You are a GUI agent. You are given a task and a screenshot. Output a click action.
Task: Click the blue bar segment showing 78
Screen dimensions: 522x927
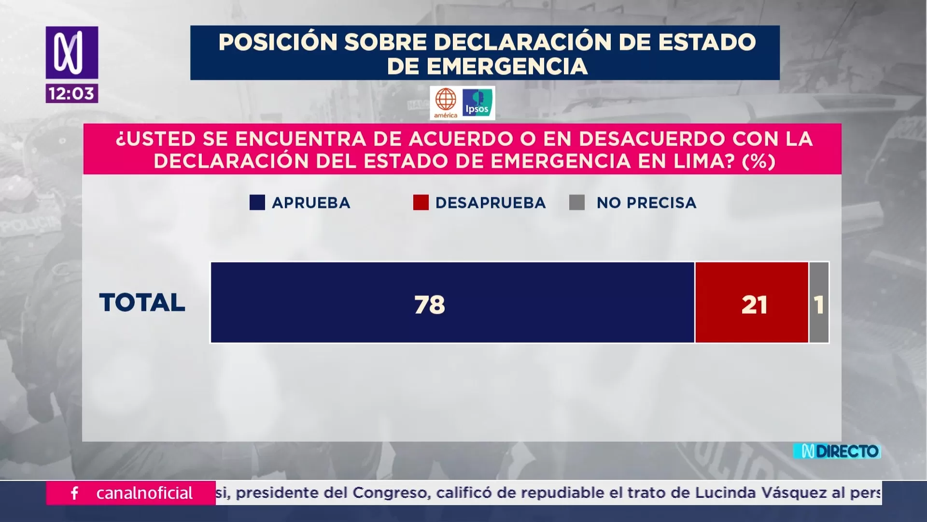(x=452, y=303)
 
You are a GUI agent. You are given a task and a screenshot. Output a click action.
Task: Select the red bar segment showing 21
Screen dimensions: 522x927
(x=752, y=303)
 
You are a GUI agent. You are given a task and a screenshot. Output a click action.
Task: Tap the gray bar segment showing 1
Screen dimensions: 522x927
(x=819, y=303)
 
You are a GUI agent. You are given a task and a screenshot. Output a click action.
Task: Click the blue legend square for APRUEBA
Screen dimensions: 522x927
(x=257, y=203)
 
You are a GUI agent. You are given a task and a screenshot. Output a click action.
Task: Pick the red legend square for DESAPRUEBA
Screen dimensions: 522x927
(x=421, y=203)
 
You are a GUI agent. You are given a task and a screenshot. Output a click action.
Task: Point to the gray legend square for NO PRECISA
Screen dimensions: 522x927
(x=577, y=203)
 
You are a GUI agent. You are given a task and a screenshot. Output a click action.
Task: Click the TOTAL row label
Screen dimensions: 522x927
(x=142, y=303)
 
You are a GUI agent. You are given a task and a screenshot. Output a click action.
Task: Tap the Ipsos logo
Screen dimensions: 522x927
(x=478, y=103)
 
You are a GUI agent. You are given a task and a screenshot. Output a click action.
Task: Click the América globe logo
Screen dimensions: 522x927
(x=446, y=103)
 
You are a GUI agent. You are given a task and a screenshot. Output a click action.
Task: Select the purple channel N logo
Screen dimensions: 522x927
(x=72, y=52)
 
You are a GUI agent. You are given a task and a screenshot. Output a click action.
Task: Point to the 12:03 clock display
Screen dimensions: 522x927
(x=72, y=93)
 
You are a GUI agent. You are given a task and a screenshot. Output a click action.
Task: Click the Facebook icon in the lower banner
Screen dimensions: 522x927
(x=75, y=493)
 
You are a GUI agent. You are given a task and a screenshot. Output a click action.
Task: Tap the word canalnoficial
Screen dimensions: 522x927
(x=144, y=493)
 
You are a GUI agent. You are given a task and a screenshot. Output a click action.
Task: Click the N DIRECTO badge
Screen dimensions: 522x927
(x=837, y=451)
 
